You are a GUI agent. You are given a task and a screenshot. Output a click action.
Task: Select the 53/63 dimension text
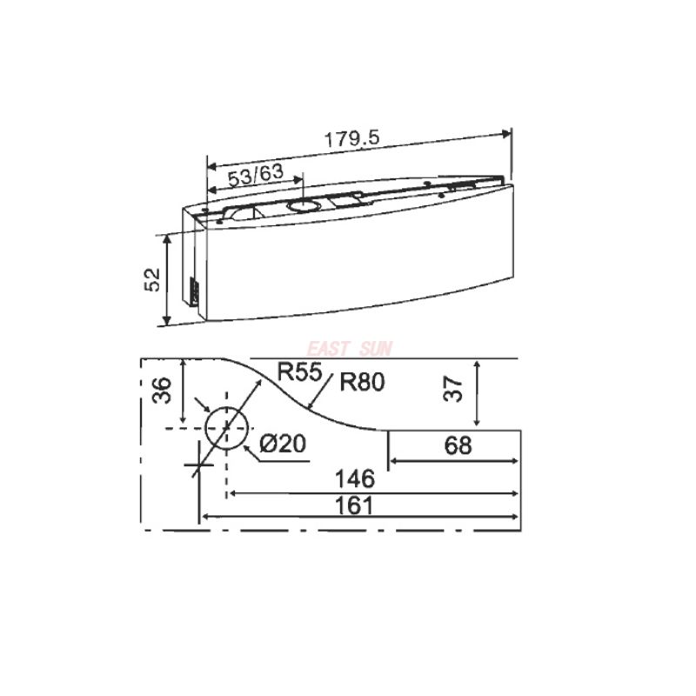255,176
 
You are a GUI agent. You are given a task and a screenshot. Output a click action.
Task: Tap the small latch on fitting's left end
194,289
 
